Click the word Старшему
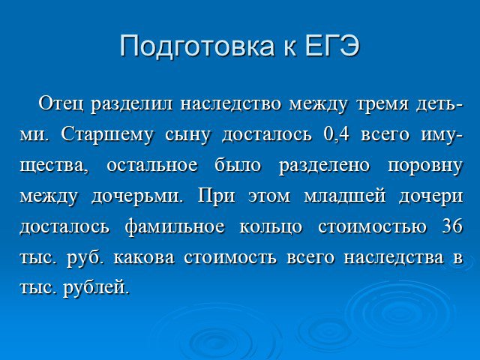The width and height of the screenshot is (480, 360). (106, 136)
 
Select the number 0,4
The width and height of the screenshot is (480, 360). (336, 135)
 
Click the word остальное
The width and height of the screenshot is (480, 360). (151, 166)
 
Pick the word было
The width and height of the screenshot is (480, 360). (238, 165)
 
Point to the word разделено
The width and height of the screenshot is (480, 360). (324, 166)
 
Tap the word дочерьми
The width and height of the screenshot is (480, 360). (136, 197)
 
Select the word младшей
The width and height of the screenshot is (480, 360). (345, 196)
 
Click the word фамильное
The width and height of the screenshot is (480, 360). (175, 227)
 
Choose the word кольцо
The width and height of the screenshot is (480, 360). (271, 226)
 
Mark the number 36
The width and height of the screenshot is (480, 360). (452, 226)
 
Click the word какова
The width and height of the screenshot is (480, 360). (144, 258)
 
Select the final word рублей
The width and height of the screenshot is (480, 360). (95, 288)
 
